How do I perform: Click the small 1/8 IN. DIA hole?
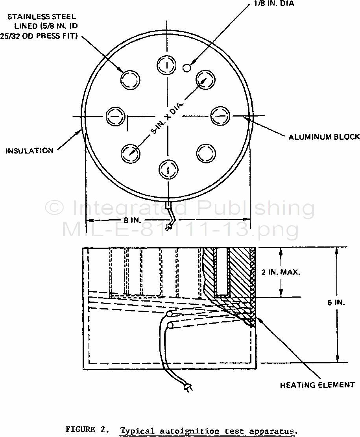click(188, 68)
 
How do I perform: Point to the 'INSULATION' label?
click(30, 150)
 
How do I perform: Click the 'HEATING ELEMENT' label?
click(317, 385)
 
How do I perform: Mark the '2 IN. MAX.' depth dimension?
click(281, 272)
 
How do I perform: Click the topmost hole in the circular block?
click(167, 64)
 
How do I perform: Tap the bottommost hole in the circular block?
click(168, 170)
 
